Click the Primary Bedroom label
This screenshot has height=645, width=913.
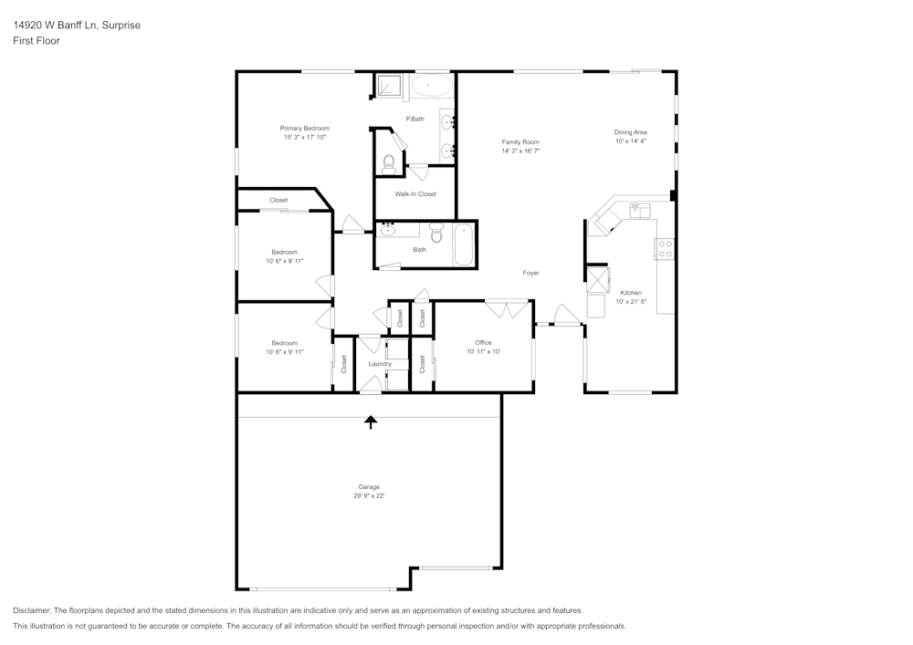click(x=304, y=129)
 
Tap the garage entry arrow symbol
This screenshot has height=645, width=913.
click(x=371, y=421)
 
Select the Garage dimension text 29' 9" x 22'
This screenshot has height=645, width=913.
click(x=369, y=495)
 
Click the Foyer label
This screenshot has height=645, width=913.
click(x=530, y=273)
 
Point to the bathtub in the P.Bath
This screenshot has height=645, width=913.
click(x=430, y=87)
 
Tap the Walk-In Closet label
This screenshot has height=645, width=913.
click(x=415, y=194)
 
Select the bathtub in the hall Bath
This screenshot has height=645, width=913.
click(x=464, y=244)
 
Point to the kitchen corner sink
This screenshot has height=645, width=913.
click(x=602, y=223)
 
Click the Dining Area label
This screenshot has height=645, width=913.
click(x=630, y=132)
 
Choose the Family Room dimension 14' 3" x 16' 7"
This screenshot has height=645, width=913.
click(x=520, y=151)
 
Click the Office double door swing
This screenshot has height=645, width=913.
click(x=507, y=308)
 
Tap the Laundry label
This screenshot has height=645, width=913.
click(x=380, y=364)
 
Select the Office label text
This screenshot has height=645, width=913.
click(x=483, y=343)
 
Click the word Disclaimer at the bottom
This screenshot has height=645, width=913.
click(x=32, y=610)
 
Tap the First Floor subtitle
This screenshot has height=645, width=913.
click(x=37, y=41)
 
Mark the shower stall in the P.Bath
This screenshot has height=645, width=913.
click(x=391, y=86)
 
